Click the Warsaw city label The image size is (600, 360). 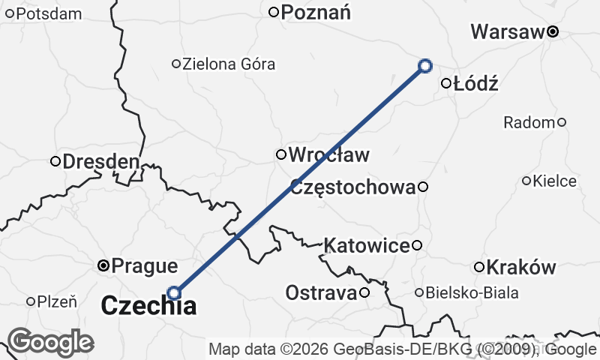tap(506, 32)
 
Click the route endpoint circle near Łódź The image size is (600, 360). tap(424, 66)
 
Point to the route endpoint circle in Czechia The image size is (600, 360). tap(174, 292)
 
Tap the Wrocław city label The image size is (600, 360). tap(328, 155)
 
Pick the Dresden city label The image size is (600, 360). tap(100, 161)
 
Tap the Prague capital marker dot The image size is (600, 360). tap(104, 265)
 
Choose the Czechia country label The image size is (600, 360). tap(148, 305)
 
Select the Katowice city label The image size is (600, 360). tap(367, 244)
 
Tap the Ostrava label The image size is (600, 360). tap(320, 292)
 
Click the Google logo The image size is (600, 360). tap(50, 342)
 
